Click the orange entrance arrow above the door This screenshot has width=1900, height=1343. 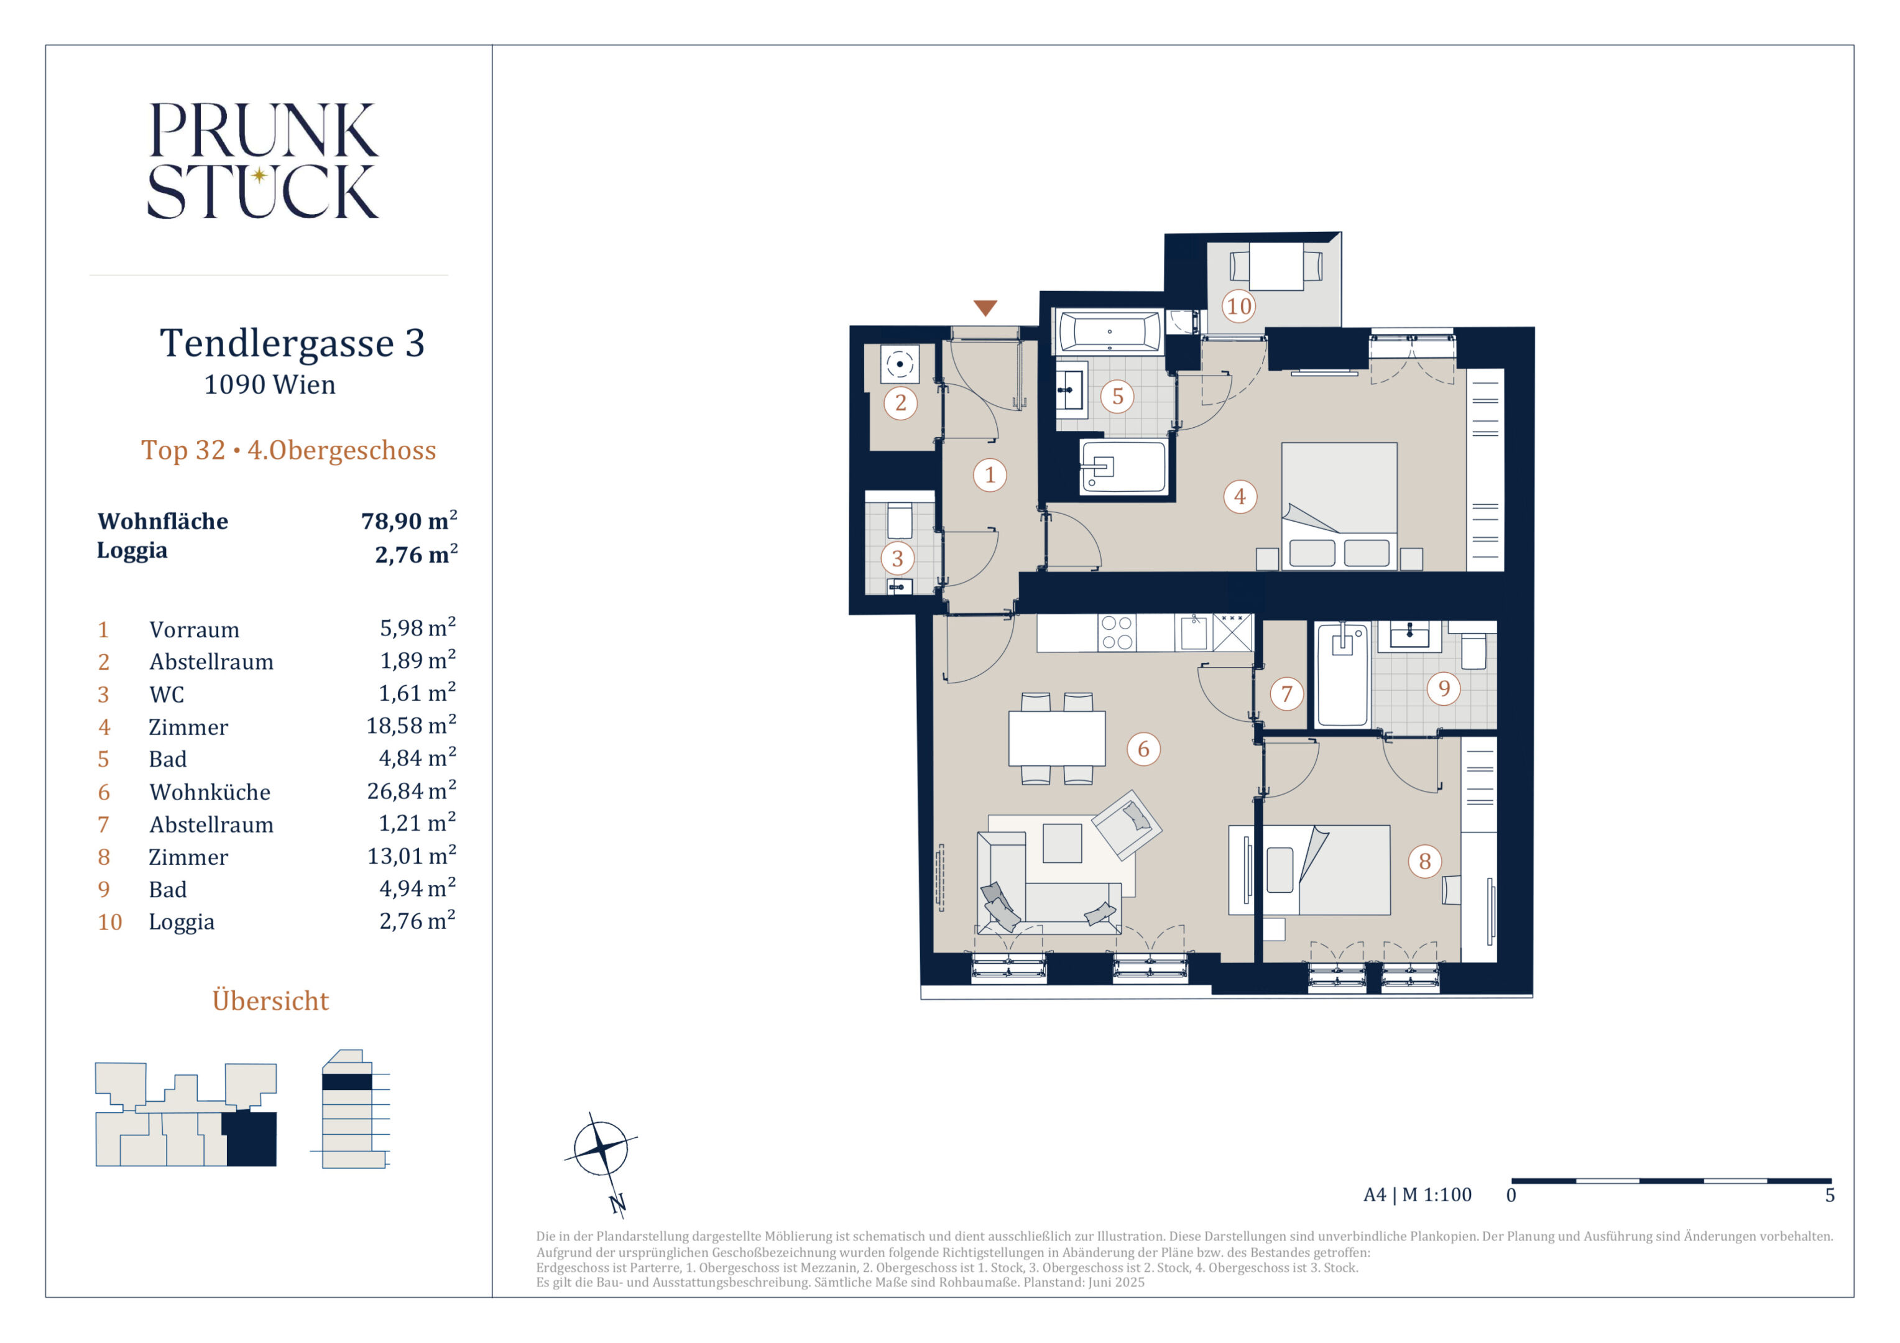coord(985,308)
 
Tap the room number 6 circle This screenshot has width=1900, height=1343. coord(1143,749)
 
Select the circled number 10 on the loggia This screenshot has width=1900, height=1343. coord(1239,306)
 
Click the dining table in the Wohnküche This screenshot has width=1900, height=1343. coord(1057,738)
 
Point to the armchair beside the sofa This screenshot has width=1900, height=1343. coord(1127,824)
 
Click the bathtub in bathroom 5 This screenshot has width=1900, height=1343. coord(1109,333)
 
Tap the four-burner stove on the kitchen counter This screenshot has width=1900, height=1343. coord(1117,633)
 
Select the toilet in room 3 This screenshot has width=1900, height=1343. coord(898,521)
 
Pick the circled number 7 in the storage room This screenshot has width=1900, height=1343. coord(1286,693)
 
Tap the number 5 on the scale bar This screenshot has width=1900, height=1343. coord(1830,1196)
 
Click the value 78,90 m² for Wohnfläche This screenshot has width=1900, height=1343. coord(409,520)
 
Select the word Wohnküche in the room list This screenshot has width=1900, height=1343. coord(210,792)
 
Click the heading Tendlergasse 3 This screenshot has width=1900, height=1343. coord(292,343)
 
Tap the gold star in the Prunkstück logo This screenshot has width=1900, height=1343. coord(259,175)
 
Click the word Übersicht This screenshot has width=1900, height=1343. coord(270,1000)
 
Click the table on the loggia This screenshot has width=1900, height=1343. coord(1276,267)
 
